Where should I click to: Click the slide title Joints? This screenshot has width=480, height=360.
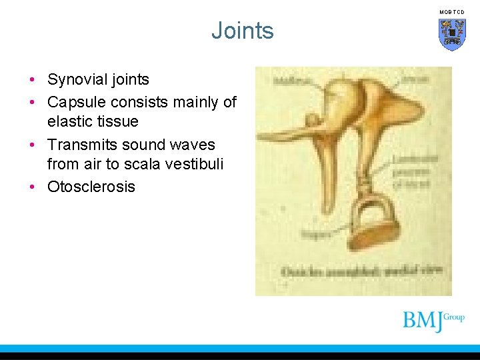(243, 31)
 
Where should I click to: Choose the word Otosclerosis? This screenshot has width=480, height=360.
(91, 187)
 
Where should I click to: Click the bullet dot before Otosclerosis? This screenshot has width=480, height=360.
(33, 187)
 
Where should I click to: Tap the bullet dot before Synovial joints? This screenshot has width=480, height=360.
(33, 80)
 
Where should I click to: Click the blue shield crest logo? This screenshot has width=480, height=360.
(452, 33)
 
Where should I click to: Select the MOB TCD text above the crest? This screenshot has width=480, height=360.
(452, 12)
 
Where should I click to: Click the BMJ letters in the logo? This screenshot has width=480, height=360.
(423, 321)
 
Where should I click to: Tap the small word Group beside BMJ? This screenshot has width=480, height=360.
(454, 317)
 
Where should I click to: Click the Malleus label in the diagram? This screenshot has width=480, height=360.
(287, 80)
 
